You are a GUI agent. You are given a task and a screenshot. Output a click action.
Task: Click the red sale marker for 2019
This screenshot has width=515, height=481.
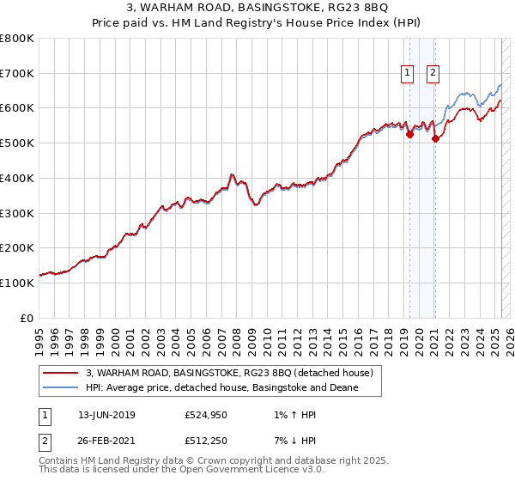point(409,134)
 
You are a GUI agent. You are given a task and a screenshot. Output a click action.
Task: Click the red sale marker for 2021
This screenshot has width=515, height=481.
point(435,138)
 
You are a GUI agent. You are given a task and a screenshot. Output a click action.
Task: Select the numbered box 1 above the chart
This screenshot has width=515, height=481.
point(406,73)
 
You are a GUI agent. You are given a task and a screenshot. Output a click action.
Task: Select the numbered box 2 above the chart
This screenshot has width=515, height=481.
point(433,73)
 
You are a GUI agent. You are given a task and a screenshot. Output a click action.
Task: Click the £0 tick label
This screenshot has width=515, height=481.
point(26,318)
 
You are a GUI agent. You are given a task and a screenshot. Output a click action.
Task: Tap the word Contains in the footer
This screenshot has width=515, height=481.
point(60,461)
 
